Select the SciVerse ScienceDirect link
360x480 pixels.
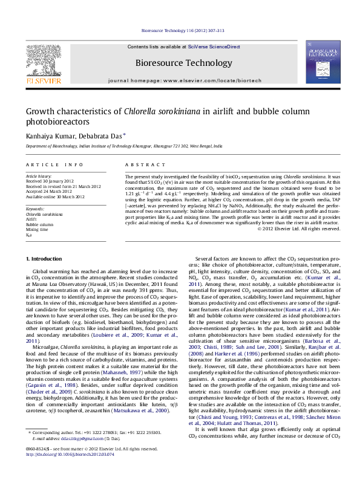coord(214,47)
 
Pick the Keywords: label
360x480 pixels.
coord(35,209)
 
